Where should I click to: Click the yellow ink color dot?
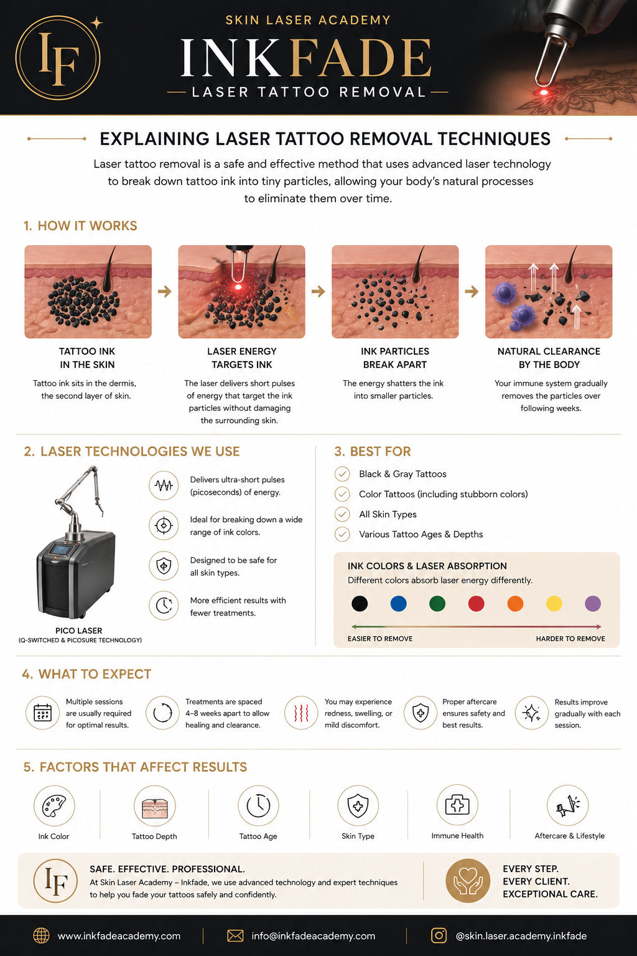pyautogui.click(x=554, y=604)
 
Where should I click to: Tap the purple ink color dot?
pyautogui.click(x=593, y=604)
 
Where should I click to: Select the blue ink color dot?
pyautogui.click(x=399, y=604)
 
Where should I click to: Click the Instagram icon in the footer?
pyautogui.click(x=439, y=935)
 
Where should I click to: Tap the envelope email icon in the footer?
pyautogui.click(x=235, y=935)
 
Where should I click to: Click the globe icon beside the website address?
pyautogui.click(x=42, y=935)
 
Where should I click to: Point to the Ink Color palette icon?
pyautogui.click(x=54, y=806)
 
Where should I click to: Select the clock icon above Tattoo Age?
pyautogui.click(x=258, y=806)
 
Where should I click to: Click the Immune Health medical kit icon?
pyautogui.click(x=457, y=805)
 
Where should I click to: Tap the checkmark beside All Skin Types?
pyautogui.click(x=342, y=514)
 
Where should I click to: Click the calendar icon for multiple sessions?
pyautogui.click(x=43, y=713)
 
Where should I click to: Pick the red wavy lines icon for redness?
pyautogui.click(x=301, y=713)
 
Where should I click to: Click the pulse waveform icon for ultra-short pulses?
pyautogui.click(x=164, y=485)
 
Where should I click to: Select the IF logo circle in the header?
pyautogui.click(x=58, y=58)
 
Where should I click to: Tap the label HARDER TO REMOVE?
pyautogui.click(x=570, y=639)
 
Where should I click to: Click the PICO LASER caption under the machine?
pyautogui.click(x=79, y=630)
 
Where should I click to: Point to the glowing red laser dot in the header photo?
pyautogui.click(x=544, y=92)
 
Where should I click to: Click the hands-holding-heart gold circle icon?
pyautogui.click(x=468, y=881)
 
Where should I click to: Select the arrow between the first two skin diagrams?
pyautogui.click(x=165, y=291)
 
